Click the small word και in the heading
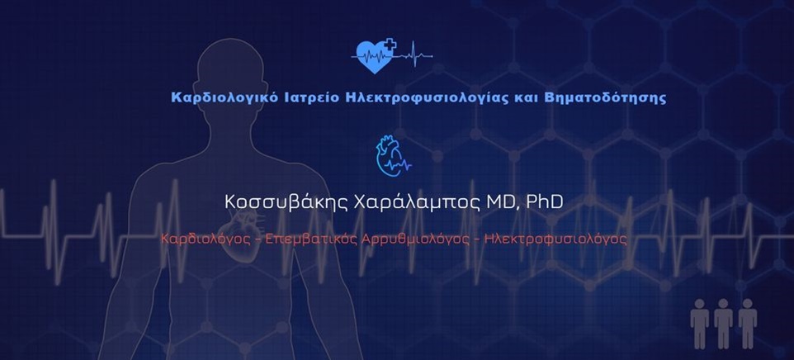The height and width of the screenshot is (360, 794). click(x=541, y=97)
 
